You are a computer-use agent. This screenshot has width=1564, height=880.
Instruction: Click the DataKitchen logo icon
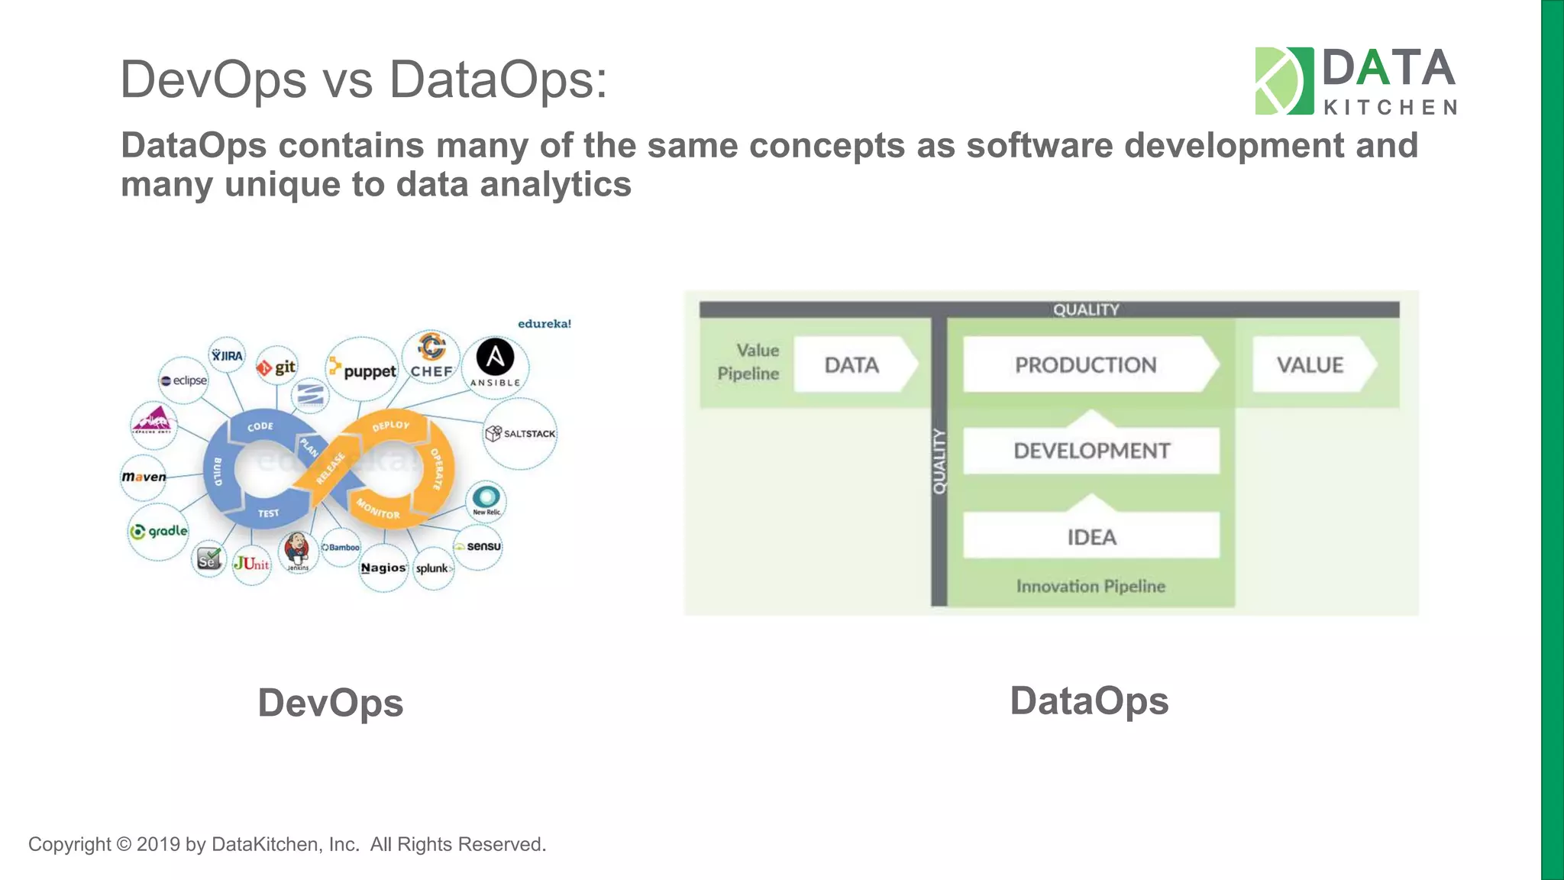[x=1284, y=81]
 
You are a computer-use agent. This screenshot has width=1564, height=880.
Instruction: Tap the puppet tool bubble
[x=364, y=370]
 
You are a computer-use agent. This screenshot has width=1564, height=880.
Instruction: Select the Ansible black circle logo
[x=495, y=357]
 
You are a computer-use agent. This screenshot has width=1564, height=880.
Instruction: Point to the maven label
[x=144, y=477]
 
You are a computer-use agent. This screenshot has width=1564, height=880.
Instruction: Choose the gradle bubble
[x=159, y=531]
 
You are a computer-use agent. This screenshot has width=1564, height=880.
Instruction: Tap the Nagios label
[x=383, y=568]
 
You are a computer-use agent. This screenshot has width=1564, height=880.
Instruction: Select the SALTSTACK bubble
[x=521, y=433]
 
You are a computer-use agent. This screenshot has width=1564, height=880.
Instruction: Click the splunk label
[x=433, y=568]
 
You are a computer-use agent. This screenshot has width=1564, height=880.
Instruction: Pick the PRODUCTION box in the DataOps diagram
[x=1086, y=365]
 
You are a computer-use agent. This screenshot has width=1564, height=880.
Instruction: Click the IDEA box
[x=1091, y=537]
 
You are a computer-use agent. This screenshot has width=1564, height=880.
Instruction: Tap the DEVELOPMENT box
[x=1091, y=451]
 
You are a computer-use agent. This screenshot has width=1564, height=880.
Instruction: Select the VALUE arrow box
[x=1310, y=365]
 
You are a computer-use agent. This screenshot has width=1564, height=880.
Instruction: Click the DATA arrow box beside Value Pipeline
[x=852, y=365]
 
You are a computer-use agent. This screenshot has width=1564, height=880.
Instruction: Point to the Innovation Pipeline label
[x=1091, y=586]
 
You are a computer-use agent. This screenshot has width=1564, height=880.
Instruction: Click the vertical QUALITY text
[x=939, y=461]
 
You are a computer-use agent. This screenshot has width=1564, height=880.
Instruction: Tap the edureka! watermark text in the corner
[x=544, y=324]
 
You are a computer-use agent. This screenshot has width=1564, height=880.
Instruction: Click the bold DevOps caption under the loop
[x=330, y=703]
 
